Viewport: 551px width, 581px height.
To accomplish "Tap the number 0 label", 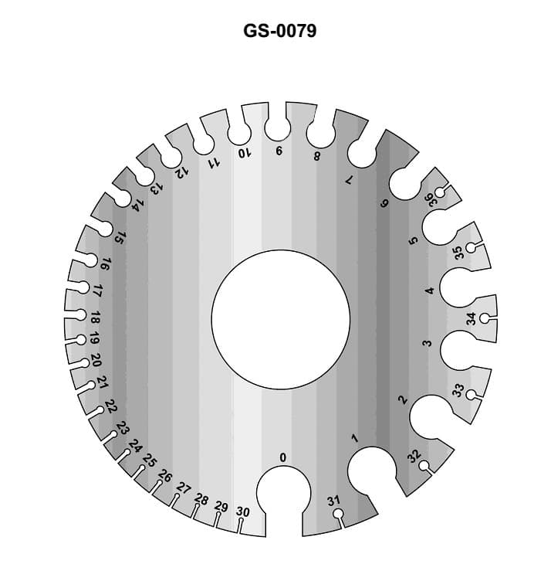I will click(282, 458).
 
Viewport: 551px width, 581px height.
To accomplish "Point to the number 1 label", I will click(354, 438).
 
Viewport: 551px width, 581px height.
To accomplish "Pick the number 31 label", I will click(333, 501).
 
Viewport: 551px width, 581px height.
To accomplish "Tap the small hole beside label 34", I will click(485, 318).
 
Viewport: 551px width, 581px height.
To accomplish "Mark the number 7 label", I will click(348, 179).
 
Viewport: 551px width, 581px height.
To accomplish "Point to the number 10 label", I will click(245, 153).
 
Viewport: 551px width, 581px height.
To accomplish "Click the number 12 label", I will click(182, 172).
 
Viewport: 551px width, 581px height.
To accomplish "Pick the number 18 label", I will click(94, 318).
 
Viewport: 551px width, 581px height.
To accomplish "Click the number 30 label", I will click(242, 511).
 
